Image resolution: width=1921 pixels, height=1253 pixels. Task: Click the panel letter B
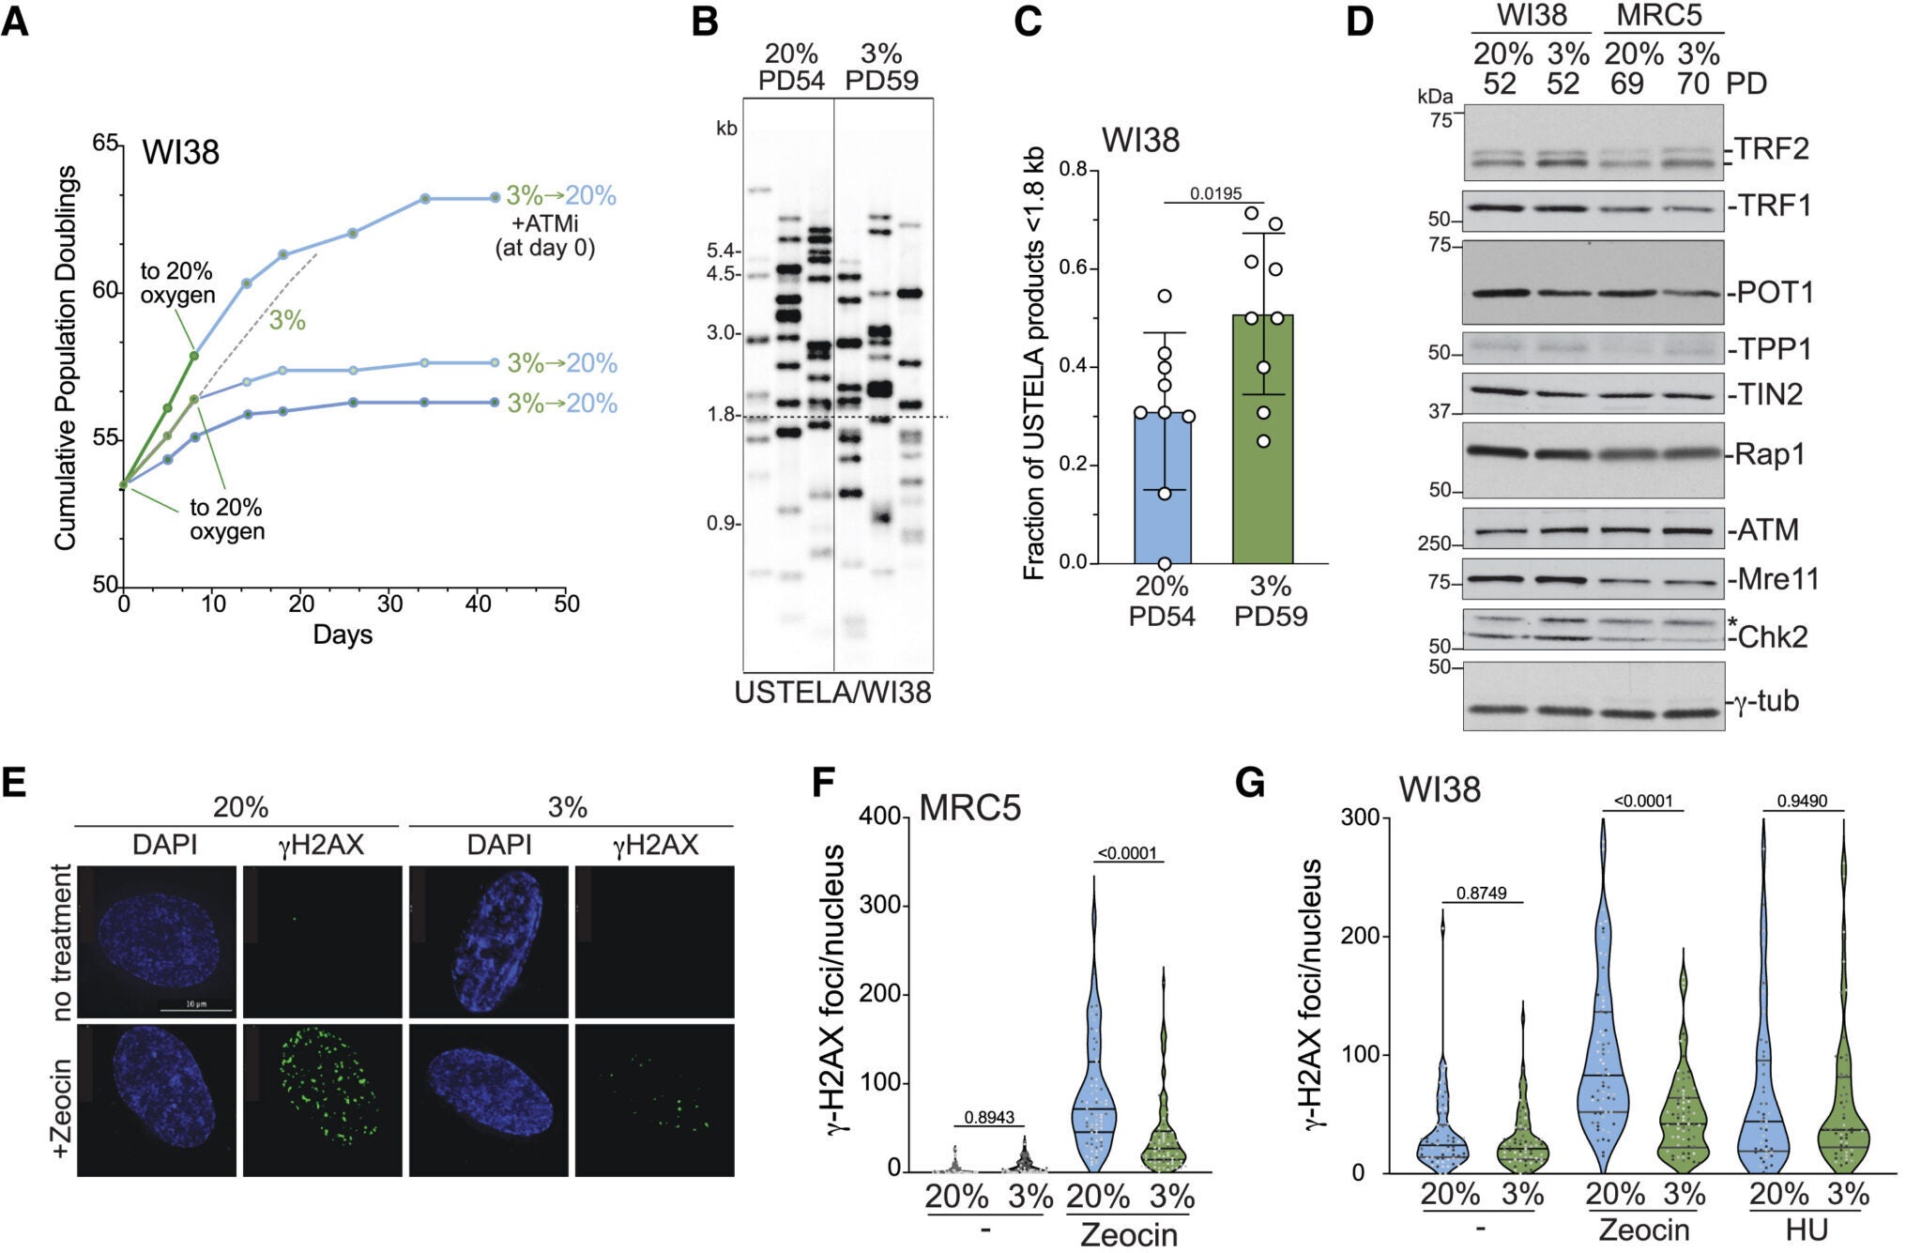[706, 21]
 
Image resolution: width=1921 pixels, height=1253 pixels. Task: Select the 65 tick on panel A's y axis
[105, 144]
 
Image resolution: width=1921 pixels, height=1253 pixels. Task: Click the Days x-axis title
[343, 635]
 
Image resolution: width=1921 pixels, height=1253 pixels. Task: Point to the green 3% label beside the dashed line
[287, 321]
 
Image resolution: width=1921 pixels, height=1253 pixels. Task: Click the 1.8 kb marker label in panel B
[721, 415]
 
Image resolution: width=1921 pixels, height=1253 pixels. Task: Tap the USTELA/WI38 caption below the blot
[832, 693]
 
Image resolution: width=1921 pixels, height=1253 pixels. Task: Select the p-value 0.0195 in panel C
[1215, 193]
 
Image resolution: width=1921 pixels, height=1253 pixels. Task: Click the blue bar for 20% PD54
[1164, 488]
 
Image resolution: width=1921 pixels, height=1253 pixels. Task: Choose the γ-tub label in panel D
[1765, 701]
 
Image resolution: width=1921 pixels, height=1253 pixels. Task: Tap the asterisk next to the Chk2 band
[1733, 623]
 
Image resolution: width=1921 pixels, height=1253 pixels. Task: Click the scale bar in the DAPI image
[196, 1010]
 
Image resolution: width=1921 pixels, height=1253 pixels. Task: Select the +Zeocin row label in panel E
[63, 1108]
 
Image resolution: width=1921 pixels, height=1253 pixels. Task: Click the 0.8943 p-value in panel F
[990, 1117]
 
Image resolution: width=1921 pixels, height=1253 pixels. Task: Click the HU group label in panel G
[1807, 1230]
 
